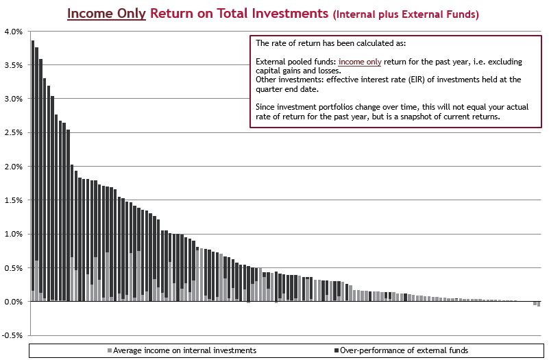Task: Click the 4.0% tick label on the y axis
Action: pos(13,32)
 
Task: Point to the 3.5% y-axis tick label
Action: pos(13,65)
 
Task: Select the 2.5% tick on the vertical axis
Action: pos(13,132)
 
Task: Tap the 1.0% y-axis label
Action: pos(13,234)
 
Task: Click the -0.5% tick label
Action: pos(12,335)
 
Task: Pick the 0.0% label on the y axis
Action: pos(13,302)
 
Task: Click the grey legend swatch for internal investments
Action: pos(109,350)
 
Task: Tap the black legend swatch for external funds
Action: pos(336,350)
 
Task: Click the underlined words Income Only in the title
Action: pos(106,13)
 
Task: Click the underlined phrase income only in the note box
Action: pos(360,62)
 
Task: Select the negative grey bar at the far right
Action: pos(539,304)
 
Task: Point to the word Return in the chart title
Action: pos(174,13)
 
